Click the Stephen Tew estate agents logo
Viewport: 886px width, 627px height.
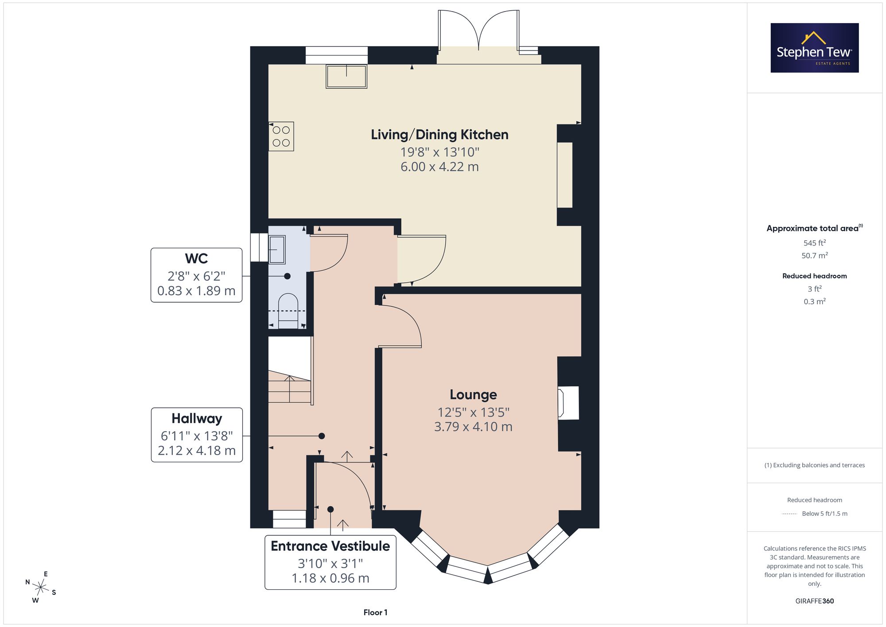[x=815, y=48]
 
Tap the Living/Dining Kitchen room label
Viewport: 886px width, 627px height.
[x=439, y=134]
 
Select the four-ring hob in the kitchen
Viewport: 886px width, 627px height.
[x=281, y=136]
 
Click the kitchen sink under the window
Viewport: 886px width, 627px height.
[x=346, y=76]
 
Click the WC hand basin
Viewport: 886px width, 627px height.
[x=277, y=249]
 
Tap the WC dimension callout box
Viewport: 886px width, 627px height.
[x=196, y=275]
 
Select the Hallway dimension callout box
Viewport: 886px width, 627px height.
[x=197, y=435]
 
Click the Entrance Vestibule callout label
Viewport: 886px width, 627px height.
[x=330, y=546]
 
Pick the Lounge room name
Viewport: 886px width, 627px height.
[x=473, y=394]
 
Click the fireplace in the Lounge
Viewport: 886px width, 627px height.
[x=568, y=403]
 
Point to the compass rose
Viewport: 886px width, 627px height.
[x=41, y=588]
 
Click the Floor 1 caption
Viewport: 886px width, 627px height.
[x=375, y=612]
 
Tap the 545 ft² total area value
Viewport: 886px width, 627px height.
[x=815, y=243]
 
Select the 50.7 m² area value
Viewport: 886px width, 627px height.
[x=815, y=255]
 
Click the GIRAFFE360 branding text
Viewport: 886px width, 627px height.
[x=815, y=601]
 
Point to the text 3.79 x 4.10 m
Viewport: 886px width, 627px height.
[x=473, y=427]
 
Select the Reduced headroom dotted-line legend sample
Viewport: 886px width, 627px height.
[x=789, y=514]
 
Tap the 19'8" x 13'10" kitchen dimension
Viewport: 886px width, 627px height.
[x=440, y=152]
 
